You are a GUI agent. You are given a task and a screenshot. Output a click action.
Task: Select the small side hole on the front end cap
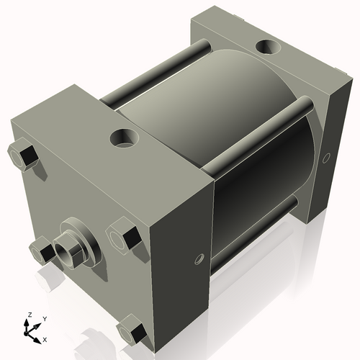199,257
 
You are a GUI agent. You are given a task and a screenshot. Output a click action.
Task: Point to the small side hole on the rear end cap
327,156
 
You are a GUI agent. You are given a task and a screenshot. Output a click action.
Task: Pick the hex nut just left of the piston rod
40,251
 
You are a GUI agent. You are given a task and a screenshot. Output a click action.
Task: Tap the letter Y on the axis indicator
44,318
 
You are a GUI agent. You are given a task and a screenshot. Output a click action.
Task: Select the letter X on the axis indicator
45,338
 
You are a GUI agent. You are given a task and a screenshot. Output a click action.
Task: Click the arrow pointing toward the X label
36,336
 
